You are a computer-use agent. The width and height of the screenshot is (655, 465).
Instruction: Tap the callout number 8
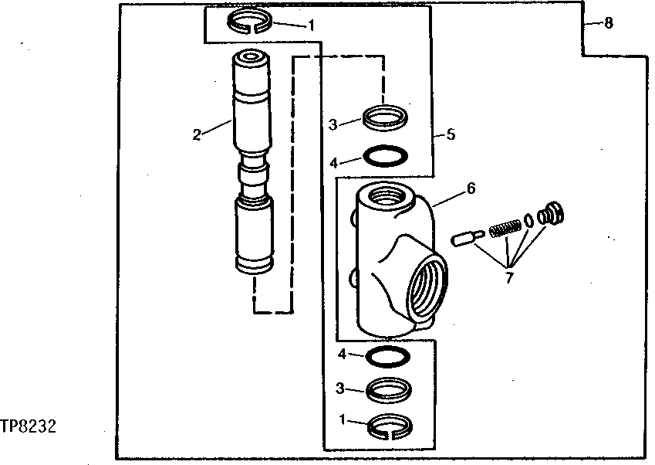click(609, 23)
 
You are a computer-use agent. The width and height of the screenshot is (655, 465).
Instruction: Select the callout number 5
click(451, 134)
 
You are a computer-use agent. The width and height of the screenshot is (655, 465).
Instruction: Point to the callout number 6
click(471, 188)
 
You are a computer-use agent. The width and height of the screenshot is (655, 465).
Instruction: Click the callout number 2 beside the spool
click(197, 134)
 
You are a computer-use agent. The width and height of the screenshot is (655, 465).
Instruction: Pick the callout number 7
click(508, 278)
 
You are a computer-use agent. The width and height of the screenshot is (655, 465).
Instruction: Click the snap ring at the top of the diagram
click(249, 21)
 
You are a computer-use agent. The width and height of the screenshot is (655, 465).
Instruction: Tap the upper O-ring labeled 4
click(385, 157)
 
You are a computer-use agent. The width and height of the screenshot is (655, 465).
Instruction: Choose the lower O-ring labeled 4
click(385, 357)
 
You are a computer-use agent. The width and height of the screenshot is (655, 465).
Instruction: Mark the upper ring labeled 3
click(385, 118)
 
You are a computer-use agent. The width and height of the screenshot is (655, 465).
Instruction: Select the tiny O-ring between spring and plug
click(528, 219)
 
